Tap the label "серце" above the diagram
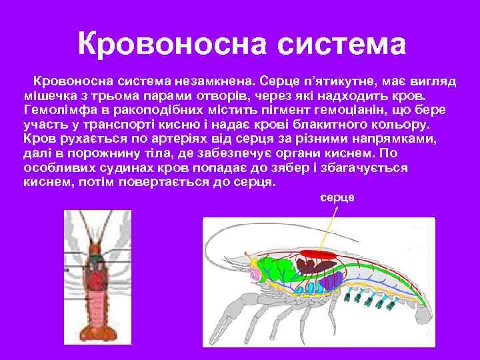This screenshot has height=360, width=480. click(x=337, y=198)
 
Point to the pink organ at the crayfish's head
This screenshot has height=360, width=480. click(x=254, y=273)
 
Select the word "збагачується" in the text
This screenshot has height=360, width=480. click(x=370, y=169)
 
